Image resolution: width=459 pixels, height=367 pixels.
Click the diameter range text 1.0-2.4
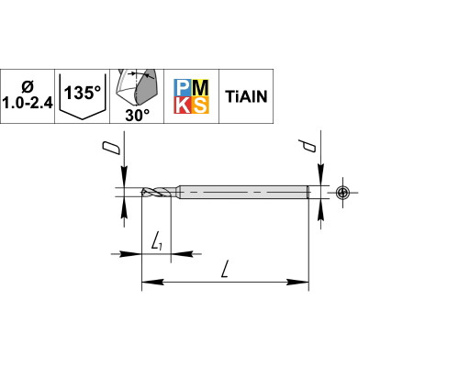(x=28, y=104)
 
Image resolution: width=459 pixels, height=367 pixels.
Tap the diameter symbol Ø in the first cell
(x=28, y=87)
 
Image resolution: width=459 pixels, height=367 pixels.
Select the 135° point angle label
(x=83, y=93)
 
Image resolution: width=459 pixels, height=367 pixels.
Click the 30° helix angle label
(x=137, y=116)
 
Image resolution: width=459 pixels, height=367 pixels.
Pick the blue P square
(x=183, y=88)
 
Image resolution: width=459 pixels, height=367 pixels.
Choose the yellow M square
(x=200, y=88)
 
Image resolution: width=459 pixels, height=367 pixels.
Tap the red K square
(x=183, y=105)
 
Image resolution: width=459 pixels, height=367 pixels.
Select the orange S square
(x=200, y=105)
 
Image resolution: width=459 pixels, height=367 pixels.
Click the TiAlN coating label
(x=246, y=96)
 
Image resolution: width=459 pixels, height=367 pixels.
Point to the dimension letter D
(x=111, y=148)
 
